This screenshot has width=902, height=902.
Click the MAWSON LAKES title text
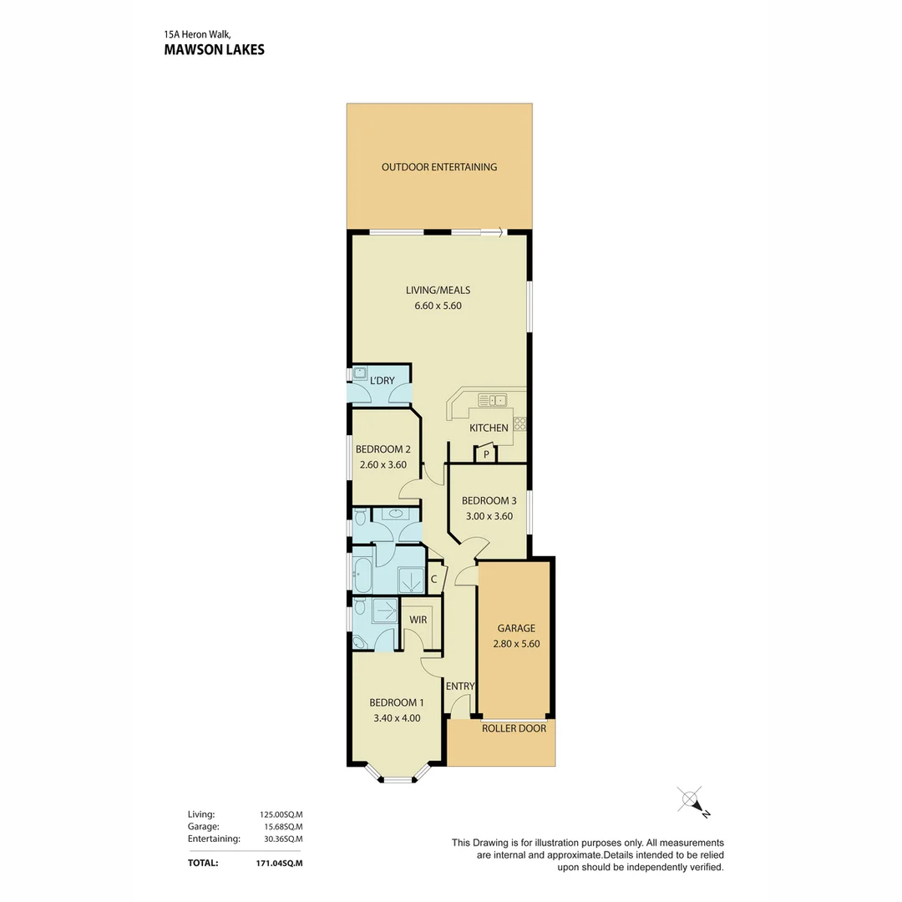(214, 49)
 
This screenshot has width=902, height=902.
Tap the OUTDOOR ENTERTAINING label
(438, 167)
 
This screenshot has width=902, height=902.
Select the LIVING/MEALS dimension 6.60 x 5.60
(438, 306)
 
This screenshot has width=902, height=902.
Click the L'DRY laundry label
(382, 381)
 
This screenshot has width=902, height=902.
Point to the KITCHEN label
(489, 428)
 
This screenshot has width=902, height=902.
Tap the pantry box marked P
(485, 455)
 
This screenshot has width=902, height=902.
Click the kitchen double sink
(492, 400)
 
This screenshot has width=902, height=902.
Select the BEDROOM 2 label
(383, 449)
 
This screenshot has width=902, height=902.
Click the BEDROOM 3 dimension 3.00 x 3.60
(489, 516)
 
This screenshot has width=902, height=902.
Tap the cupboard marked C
(434, 579)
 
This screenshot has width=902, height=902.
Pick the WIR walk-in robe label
(418, 620)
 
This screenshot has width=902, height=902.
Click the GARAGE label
(515, 628)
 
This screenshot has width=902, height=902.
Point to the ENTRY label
(459, 687)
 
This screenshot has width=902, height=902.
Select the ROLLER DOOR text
(514, 728)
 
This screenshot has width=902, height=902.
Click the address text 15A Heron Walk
(197, 35)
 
